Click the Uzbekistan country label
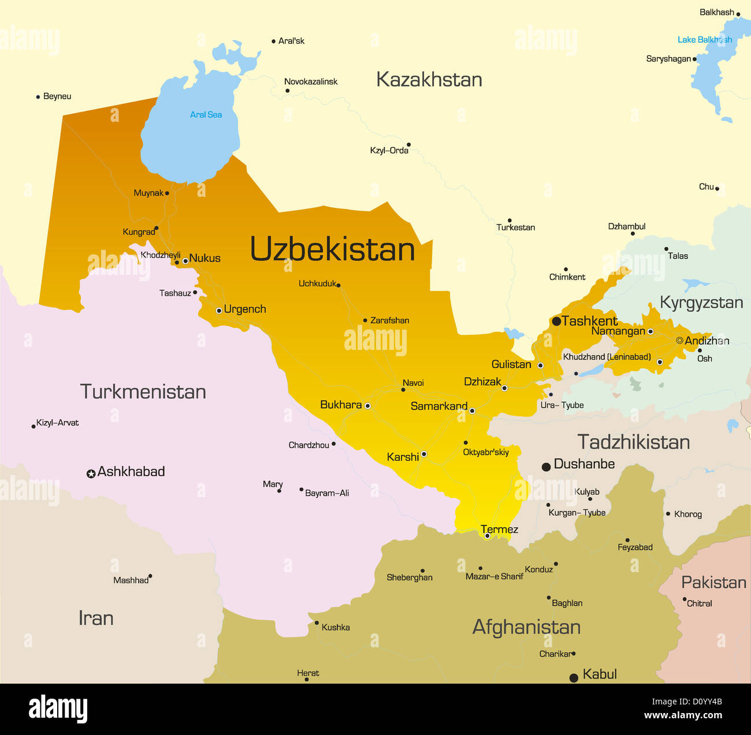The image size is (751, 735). pyautogui.click(x=332, y=249)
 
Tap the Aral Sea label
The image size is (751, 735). pyautogui.click(x=206, y=114)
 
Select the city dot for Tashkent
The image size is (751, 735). pyautogui.click(x=556, y=322)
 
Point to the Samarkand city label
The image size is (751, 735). pyautogui.click(x=438, y=406)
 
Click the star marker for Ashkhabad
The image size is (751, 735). pyautogui.click(x=91, y=474)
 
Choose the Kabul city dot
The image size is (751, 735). pyautogui.click(x=574, y=678)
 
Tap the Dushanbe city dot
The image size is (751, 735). pyautogui.click(x=546, y=467)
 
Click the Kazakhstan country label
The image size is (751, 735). pyautogui.click(x=429, y=80)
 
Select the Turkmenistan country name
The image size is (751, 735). pyautogui.click(x=143, y=391)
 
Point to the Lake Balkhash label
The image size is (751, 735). pyautogui.click(x=704, y=40)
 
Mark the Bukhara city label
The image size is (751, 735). pyautogui.click(x=341, y=405)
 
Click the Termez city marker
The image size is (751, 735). pyautogui.click(x=487, y=536)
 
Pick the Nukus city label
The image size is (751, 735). pyautogui.click(x=205, y=258)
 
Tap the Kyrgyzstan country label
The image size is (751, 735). pyautogui.click(x=701, y=303)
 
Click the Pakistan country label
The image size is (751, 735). pyautogui.click(x=713, y=582)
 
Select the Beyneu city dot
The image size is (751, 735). pyautogui.click(x=38, y=97)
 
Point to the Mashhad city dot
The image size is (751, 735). pyautogui.click(x=150, y=576)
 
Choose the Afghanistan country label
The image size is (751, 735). pyautogui.click(x=526, y=627)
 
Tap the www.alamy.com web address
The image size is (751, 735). pyautogui.click(x=683, y=715)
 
